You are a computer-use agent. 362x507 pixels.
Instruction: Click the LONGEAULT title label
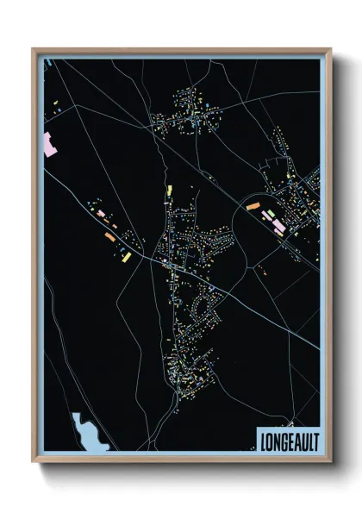[288, 440]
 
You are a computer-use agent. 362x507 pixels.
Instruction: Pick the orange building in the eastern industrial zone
[252, 206]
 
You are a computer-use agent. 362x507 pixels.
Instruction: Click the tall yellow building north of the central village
[170, 191]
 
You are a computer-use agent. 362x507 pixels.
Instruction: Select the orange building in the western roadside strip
[109, 235]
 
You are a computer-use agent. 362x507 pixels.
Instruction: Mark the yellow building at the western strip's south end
[126, 256]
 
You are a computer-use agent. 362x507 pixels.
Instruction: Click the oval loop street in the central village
[205, 303]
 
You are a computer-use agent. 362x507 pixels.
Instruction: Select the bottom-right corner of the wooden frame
[330, 463]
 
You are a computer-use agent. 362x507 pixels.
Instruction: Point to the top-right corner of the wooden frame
[330, 49]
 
